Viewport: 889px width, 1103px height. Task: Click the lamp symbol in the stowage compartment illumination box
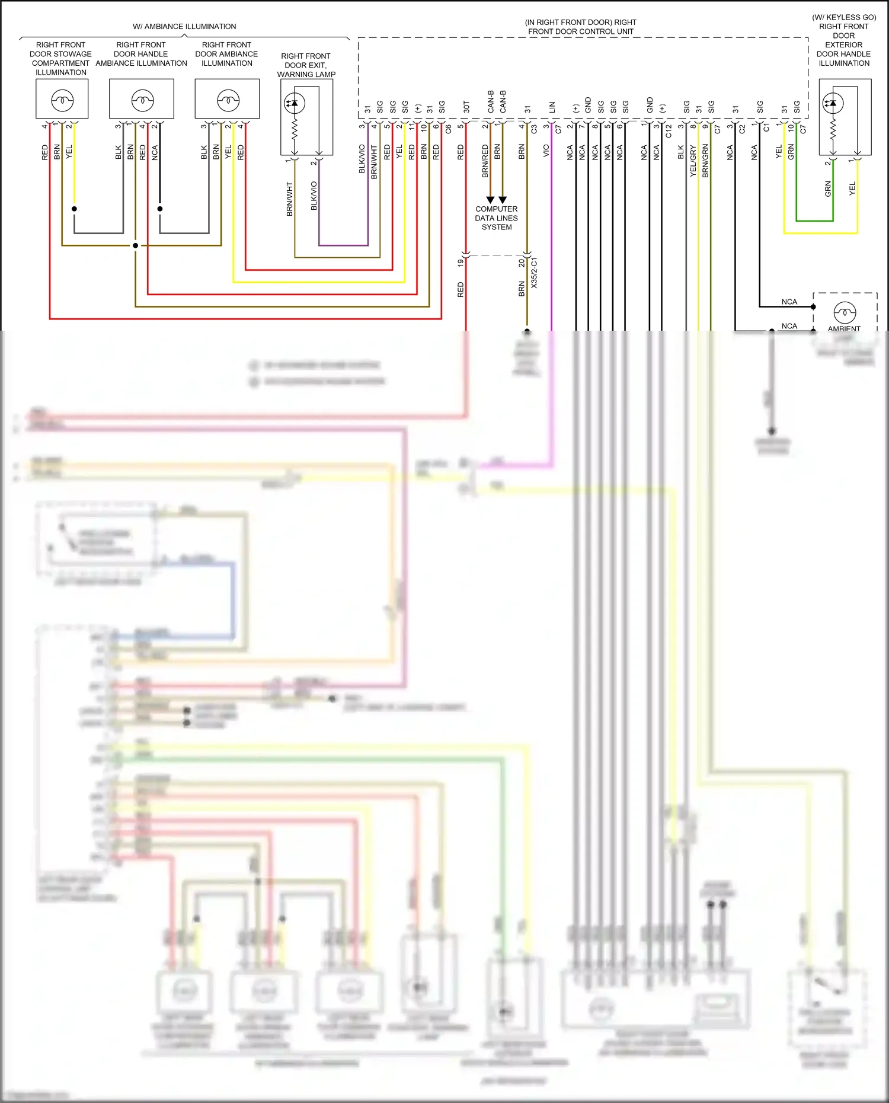pos(62,99)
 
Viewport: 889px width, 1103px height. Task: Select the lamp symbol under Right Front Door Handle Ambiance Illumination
pos(142,99)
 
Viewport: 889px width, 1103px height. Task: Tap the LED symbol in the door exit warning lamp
pos(295,103)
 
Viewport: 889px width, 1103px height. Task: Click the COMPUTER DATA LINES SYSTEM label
pos(497,218)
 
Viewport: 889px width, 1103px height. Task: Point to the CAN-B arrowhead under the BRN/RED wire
pos(490,200)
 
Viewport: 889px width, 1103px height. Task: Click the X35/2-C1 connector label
pos(534,273)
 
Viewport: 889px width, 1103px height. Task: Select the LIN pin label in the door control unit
pos(552,107)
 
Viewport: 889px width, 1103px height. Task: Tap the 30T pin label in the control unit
pos(466,107)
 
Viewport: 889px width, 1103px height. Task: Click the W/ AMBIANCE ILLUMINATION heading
pos(184,27)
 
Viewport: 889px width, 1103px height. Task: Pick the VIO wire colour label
pos(546,151)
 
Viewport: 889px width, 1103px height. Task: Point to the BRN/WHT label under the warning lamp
pos(290,199)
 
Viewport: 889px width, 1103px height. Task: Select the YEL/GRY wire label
pos(693,161)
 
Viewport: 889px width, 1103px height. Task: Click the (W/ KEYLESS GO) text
pos(844,17)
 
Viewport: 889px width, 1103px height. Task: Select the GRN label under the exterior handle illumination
pos(828,189)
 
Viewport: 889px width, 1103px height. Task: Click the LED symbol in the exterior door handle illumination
pos(833,103)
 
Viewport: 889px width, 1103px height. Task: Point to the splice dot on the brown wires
pos(135,245)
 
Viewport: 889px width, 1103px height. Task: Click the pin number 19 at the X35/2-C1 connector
pos(460,263)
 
